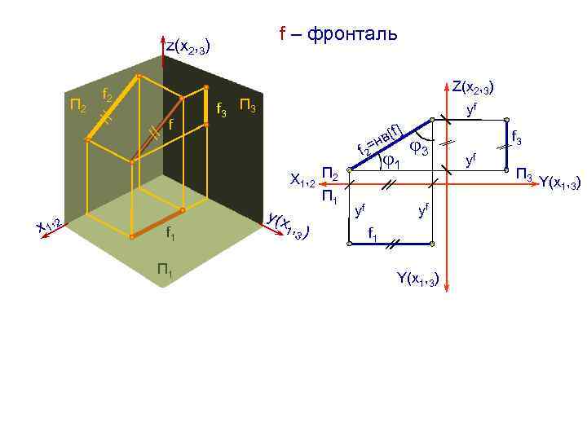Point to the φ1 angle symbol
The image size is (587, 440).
(x=391, y=161)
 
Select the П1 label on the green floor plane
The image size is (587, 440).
(x=165, y=270)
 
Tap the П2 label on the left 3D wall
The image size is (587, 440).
(x=78, y=105)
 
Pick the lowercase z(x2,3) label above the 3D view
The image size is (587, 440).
(x=188, y=48)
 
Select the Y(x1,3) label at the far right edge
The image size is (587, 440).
(x=559, y=183)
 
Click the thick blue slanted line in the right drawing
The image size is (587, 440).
(x=389, y=144)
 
